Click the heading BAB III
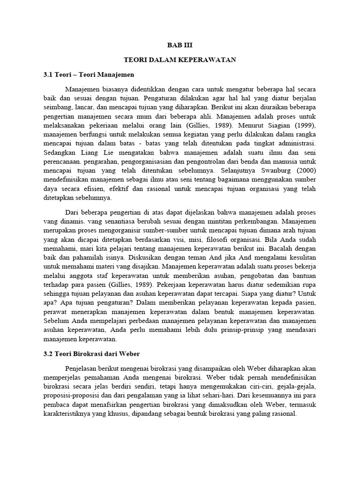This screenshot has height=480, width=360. (180, 45)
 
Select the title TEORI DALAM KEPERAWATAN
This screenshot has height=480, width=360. (180, 60)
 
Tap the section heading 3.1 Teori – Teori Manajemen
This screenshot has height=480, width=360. (88, 75)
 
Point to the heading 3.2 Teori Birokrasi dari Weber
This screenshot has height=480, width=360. (91, 353)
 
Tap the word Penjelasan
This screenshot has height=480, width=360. (85, 368)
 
